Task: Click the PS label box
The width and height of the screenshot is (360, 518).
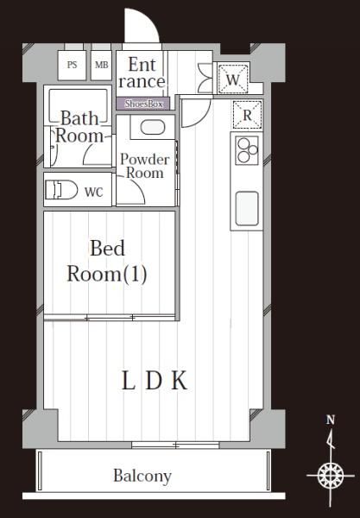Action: click(72, 65)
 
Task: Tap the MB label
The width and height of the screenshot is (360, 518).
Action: click(101, 65)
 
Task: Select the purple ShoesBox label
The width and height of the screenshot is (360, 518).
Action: click(143, 104)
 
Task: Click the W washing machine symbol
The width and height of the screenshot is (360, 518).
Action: click(232, 79)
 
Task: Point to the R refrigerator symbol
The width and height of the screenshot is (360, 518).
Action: click(248, 115)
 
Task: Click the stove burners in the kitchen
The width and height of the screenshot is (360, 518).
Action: click(247, 150)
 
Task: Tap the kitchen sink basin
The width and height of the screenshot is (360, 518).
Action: click(247, 209)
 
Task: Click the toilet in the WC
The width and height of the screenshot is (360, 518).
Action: click(60, 190)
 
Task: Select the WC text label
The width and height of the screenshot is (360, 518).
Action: click(94, 192)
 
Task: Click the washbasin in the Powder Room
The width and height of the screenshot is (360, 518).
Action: click(152, 127)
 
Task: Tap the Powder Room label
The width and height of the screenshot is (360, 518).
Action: click(145, 166)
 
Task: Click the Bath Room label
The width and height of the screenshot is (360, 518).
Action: click(79, 127)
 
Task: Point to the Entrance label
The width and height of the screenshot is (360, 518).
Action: click(142, 73)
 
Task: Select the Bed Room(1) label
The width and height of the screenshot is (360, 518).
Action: click(107, 261)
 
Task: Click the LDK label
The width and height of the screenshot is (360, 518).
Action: click(155, 381)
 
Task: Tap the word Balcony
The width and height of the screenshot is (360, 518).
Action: click(142, 476)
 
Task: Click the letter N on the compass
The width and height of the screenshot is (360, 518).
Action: click(331, 420)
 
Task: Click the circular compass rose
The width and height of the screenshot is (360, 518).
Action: click(331, 476)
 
